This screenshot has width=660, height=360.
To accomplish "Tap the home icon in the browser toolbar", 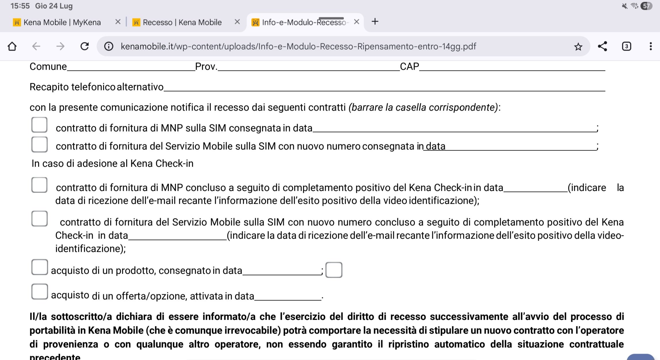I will click(x=12, y=46).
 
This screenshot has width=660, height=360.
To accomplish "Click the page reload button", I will click(x=85, y=46).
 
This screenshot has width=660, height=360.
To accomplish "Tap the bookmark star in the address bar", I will click(x=578, y=47).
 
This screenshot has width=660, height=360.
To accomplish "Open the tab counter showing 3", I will click(x=626, y=46).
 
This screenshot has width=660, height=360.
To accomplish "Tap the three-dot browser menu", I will click(x=651, y=46).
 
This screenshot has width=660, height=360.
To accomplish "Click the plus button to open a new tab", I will click(x=375, y=22).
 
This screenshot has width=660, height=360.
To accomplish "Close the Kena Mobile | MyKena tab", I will click(x=118, y=22).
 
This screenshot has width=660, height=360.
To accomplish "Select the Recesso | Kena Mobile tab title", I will click(x=182, y=22).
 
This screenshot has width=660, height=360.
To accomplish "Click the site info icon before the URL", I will click(x=109, y=46).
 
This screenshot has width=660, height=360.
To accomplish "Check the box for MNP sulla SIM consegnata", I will click(x=39, y=125).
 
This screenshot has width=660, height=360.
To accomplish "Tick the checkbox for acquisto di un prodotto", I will click(x=39, y=267).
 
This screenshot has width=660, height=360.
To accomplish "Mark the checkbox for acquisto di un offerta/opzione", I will click(x=39, y=292).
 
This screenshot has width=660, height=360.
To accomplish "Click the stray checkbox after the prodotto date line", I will click(x=334, y=270).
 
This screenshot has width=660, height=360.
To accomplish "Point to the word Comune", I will click(x=48, y=67).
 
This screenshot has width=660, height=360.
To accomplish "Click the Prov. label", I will click(x=206, y=67).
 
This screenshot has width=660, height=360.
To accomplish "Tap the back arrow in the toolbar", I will click(x=36, y=46).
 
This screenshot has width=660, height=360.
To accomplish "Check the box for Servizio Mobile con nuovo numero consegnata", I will click(x=39, y=144).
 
